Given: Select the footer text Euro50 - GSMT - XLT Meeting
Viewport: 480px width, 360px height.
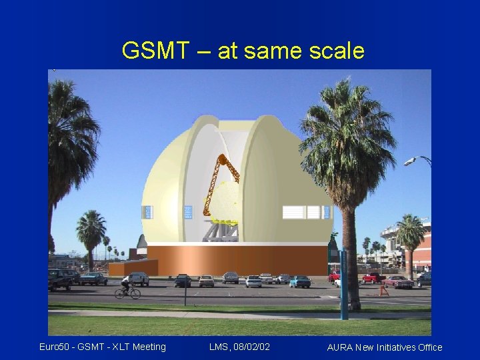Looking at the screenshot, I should click(x=102, y=346).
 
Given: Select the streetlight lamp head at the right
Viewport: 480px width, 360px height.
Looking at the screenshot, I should click(x=410, y=161).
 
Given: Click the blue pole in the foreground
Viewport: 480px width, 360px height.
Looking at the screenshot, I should click(x=343, y=283).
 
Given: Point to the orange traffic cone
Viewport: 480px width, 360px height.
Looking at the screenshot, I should click(x=383, y=290).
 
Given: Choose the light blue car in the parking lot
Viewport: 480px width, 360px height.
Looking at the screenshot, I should click(x=300, y=281).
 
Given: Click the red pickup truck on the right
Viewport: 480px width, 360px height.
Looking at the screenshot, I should click(x=373, y=277).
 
